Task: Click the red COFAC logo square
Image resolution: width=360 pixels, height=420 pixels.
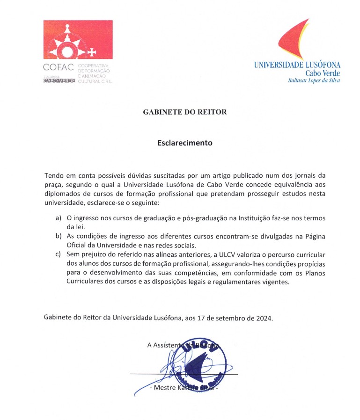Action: click(x=78, y=39)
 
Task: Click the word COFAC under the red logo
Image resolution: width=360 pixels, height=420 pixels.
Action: click(x=59, y=66)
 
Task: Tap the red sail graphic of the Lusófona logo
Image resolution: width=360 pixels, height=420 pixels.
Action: click(x=295, y=40)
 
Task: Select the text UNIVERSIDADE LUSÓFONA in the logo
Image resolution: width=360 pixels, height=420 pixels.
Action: click(x=297, y=65)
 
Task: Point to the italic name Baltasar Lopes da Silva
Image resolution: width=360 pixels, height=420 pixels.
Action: click(x=314, y=80)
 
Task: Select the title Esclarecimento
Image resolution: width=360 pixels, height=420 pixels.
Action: click(x=184, y=143)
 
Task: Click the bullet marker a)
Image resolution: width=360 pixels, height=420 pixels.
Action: click(x=58, y=218)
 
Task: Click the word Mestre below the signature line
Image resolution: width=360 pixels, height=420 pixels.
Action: click(x=165, y=389)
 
